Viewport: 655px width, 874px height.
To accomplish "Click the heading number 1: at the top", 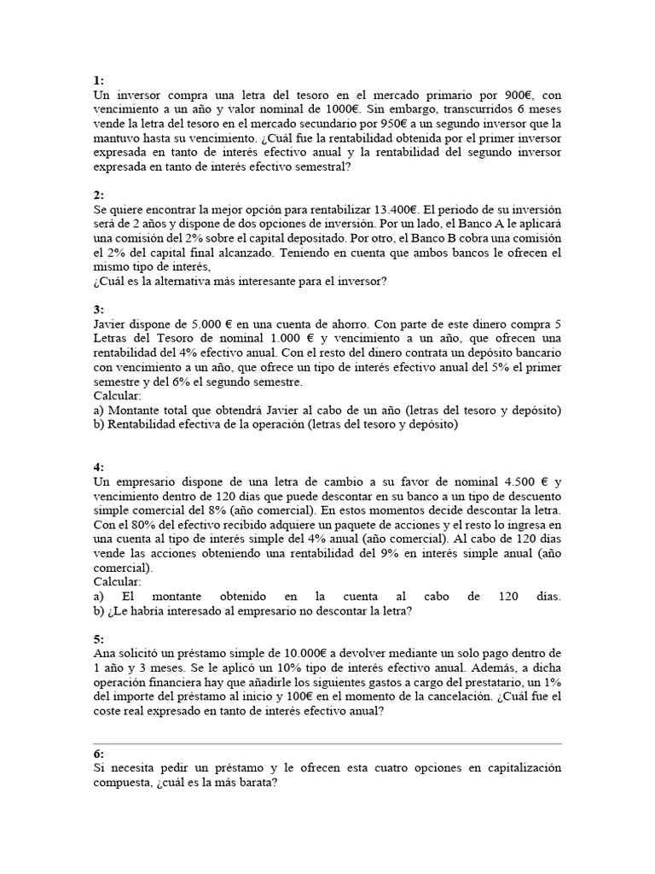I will tap(99, 80).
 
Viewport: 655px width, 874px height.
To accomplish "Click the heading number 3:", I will tap(99, 311).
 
